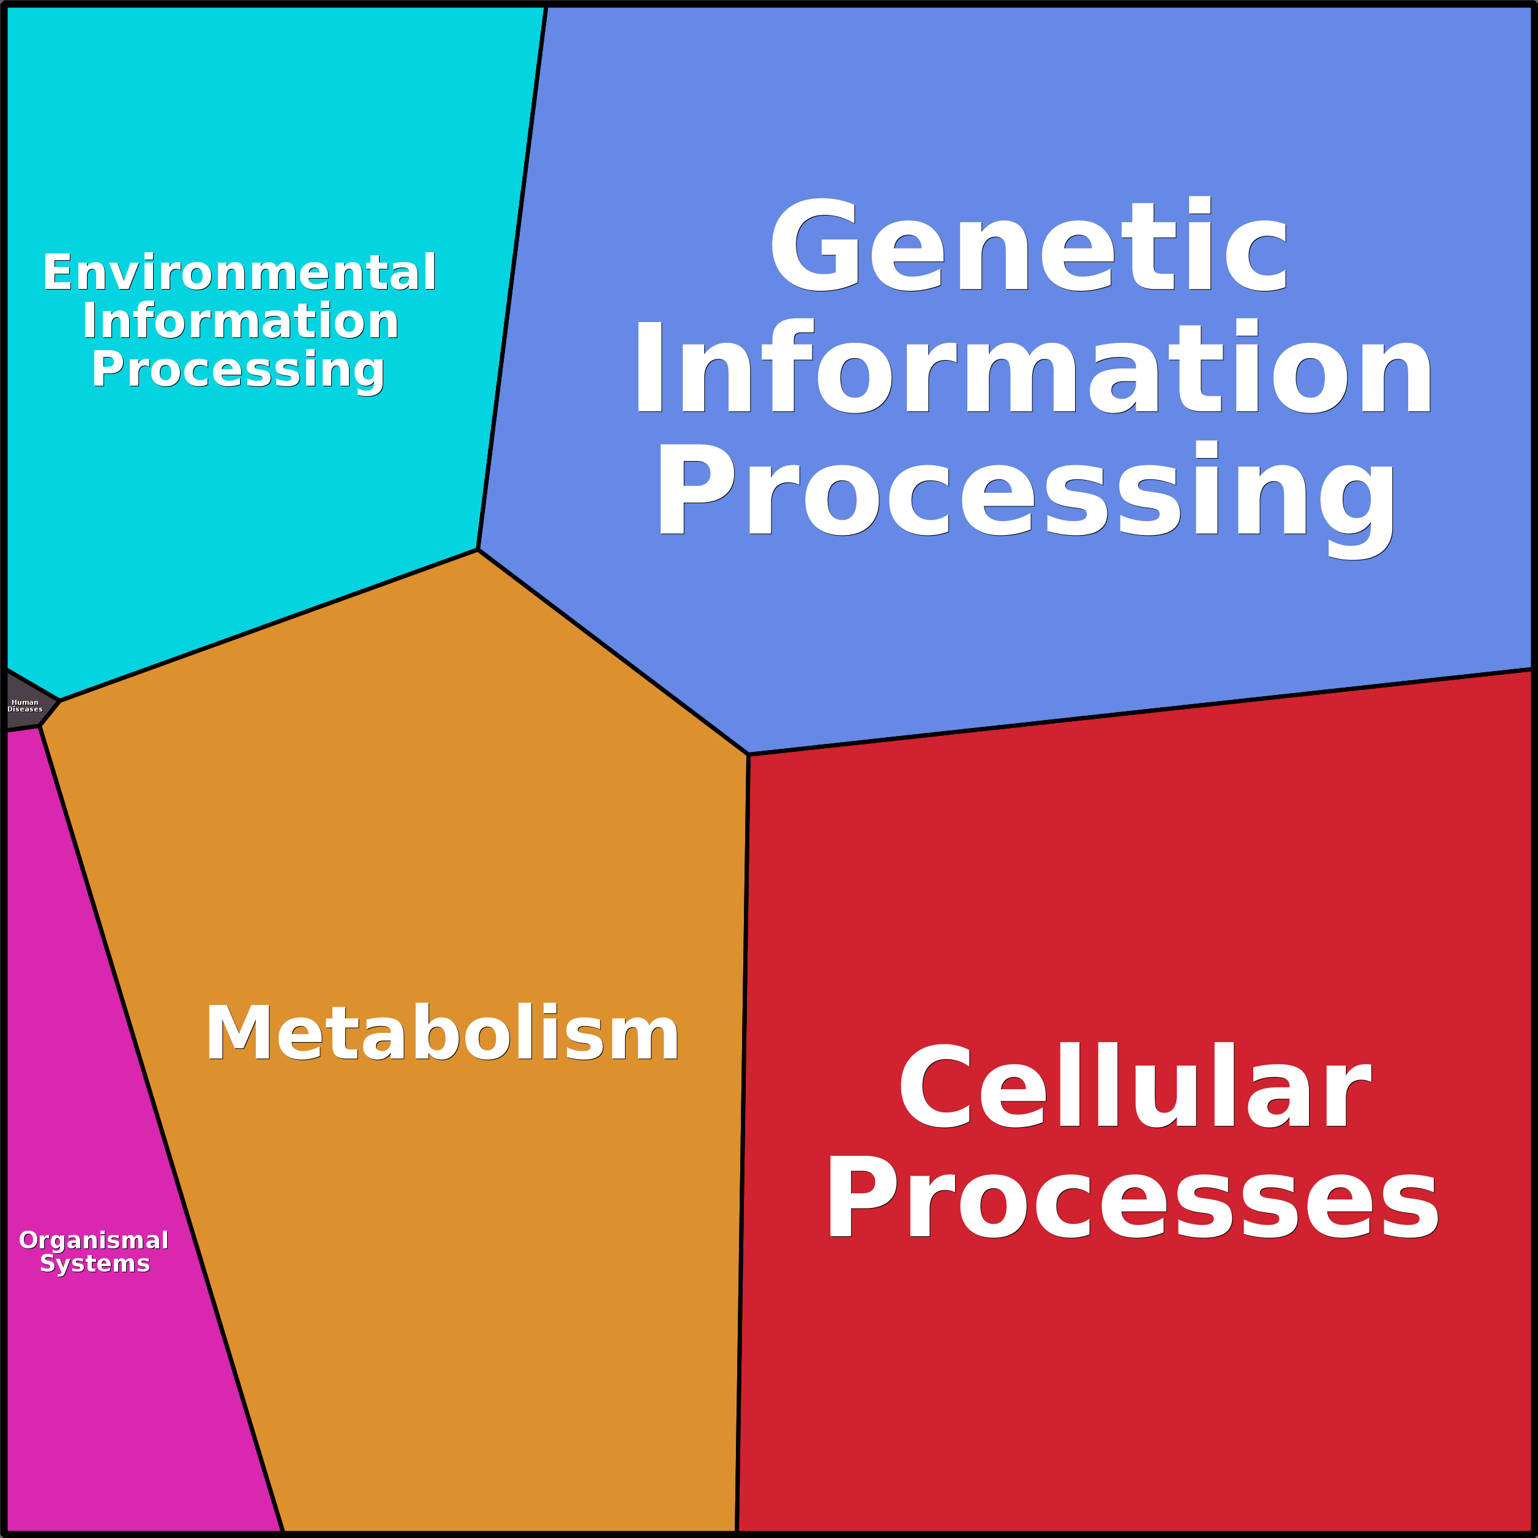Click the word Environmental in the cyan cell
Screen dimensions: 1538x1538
[239, 272]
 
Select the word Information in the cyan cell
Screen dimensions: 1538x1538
[241, 321]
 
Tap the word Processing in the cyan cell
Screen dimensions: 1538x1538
[238, 371]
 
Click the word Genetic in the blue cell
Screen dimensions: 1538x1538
[1028, 244]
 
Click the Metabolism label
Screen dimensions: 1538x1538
[442, 1032]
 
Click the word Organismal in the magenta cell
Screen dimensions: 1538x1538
[94, 1240]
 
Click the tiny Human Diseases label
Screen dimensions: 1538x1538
[24, 705]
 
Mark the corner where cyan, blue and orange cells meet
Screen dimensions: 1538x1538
[478, 549]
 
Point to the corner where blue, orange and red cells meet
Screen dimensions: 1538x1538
[748, 754]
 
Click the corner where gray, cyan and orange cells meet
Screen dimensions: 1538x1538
[60, 701]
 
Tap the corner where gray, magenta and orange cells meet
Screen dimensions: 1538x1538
[40, 726]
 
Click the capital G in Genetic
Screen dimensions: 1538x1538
[814, 244]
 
